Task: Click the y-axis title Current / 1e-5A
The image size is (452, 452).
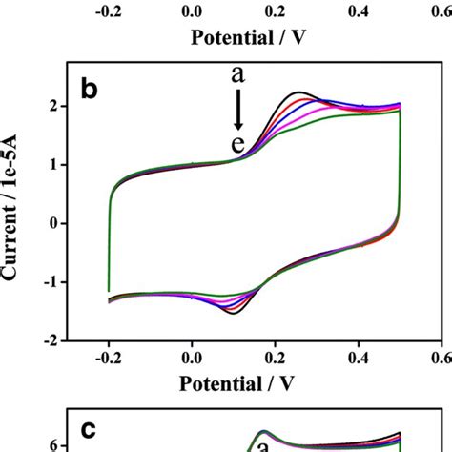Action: click(x=13, y=223)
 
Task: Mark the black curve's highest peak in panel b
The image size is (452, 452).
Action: click(x=299, y=92)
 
